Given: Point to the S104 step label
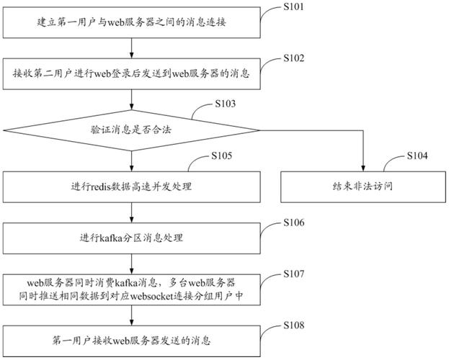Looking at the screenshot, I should pyautogui.click(x=417, y=156).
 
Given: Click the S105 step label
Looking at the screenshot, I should pyautogui.click(x=226, y=156).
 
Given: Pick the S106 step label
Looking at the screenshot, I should pyautogui.click(x=295, y=224).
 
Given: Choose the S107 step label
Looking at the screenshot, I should pyautogui.click(x=295, y=275).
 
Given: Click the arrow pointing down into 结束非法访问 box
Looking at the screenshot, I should pyautogui.click(x=363, y=162).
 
